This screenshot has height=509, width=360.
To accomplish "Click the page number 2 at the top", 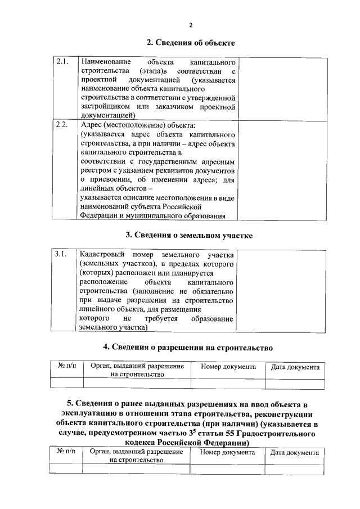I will click(191, 25).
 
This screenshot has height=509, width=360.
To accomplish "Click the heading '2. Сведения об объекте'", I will click(191, 43).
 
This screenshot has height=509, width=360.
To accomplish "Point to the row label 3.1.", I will click(62, 254).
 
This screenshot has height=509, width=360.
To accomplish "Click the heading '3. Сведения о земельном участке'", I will click(191, 235).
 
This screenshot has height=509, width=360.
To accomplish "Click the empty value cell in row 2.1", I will click(282, 88).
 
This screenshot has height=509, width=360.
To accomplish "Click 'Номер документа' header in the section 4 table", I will click(224, 367).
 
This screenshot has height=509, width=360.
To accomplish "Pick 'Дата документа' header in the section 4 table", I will click(295, 367).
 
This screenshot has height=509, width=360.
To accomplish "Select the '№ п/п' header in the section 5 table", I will click(66, 452).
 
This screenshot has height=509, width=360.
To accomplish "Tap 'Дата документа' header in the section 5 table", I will click(294, 452).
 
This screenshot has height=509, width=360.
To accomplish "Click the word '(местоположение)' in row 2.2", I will click(128, 124).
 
